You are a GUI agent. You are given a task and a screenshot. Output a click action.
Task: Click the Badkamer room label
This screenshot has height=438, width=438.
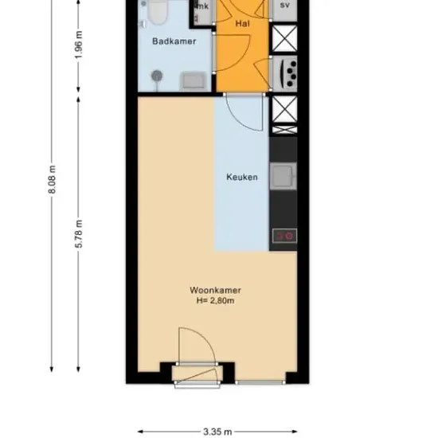174,41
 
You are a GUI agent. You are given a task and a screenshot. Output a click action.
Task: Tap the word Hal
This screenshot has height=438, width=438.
242,23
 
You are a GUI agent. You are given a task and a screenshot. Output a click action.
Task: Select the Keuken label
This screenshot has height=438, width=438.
242,177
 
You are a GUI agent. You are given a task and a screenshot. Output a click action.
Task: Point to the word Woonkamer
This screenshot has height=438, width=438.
215,290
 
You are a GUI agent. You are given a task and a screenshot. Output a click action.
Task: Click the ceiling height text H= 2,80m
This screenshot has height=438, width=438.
215,301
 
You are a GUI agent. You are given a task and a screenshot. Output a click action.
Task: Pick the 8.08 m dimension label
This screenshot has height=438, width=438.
53,180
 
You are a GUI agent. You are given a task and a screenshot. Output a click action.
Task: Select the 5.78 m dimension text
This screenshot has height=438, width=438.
79,234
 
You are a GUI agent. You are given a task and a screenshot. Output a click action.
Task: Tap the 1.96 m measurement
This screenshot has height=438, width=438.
79,45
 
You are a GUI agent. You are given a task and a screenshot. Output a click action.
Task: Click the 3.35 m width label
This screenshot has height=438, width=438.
217,432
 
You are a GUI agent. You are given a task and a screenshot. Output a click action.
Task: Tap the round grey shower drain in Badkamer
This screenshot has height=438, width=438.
157,76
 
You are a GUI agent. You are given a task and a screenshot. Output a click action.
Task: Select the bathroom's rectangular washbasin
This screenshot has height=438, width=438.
194,81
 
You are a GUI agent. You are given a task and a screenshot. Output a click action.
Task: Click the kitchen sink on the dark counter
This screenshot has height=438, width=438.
284,176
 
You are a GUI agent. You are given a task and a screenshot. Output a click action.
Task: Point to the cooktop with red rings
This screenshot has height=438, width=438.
284,236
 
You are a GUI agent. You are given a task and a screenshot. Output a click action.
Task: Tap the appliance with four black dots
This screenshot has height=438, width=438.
285,74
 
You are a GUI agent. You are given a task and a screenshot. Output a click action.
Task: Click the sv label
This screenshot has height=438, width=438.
284,5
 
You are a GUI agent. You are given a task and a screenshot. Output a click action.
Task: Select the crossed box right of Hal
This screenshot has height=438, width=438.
284,38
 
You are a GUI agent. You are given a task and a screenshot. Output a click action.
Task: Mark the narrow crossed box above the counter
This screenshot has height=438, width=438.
284,130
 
